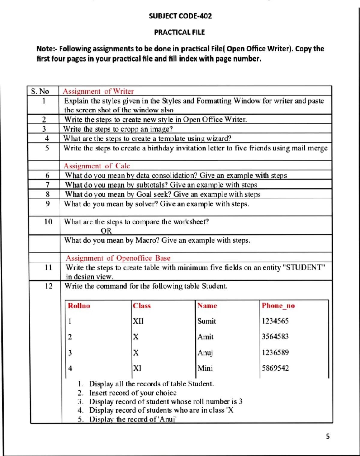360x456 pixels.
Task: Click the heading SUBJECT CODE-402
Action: click(x=180, y=16)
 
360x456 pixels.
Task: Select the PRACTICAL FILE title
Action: click(x=179, y=32)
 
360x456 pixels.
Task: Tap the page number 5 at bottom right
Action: click(x=328, y=436)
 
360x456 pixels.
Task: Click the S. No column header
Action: click(x=40, y=91)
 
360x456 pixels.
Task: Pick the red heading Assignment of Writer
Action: click(x=98, y=91)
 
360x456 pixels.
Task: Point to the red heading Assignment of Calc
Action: click(x=97, y=166)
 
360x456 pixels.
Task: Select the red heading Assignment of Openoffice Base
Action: click(x=118, y=258)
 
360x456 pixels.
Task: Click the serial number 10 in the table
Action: click(x=48, y=222)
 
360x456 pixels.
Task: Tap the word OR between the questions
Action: click(x=106, y=231)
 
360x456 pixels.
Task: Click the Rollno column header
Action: click(x=79, y=306)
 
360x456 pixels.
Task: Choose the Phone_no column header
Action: click(x=278, y=306)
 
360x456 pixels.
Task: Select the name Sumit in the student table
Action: click(x=206, y=321)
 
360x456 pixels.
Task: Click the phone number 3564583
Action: click(x=275, y=337)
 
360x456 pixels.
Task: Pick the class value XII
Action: click(x=138, y=321)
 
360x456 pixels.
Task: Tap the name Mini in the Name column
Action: click(x=205, y=368)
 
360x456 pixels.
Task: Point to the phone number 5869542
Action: click(x=275, y=368)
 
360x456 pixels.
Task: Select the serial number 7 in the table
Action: click(x=47, y=185)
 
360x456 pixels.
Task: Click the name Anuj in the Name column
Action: click(x=205, y=352)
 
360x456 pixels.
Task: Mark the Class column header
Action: click(x=142, y=306)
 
